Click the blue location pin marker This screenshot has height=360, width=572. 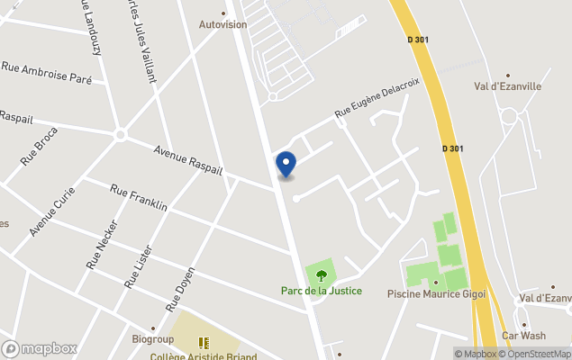click(x=286, y=164)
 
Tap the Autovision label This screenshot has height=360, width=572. click(x=222, y=24)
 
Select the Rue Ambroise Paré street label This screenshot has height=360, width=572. click(x=47, y=72)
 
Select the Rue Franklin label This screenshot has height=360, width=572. click(x=139, y=198)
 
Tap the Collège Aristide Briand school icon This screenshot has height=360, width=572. click(x=204, y=342)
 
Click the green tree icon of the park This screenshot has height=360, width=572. click(x=321, y=275)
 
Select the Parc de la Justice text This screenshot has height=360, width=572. click(x=322, y=291)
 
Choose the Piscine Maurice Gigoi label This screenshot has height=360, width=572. click(x=436, y=293)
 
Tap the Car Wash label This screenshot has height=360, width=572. click(x=524, y=336)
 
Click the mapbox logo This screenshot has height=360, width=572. click(x=41, y=348)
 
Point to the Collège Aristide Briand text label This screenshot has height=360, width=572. click(x=204, y=355)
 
